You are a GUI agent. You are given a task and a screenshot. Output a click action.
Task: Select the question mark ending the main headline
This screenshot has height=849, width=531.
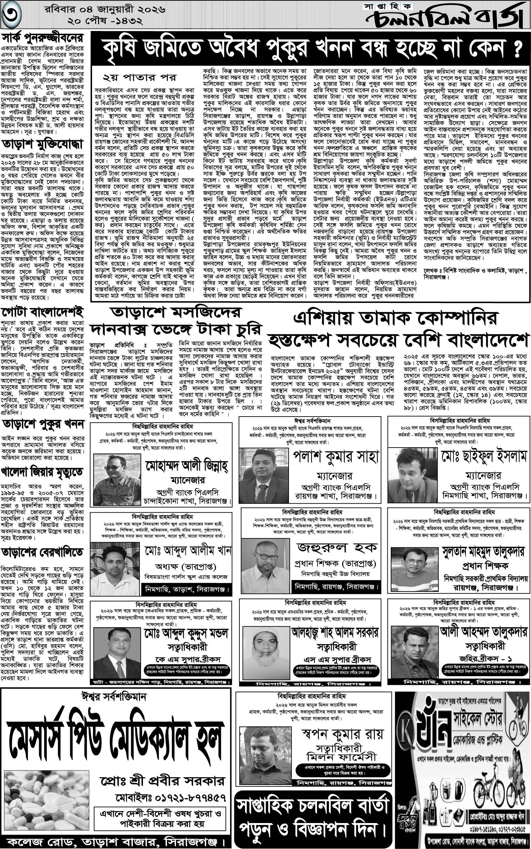tap(515, 50)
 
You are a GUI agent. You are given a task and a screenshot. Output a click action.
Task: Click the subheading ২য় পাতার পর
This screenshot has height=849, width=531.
tap(140, 77)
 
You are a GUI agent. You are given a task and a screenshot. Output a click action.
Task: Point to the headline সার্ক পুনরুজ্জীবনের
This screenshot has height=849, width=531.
tap(43, 37)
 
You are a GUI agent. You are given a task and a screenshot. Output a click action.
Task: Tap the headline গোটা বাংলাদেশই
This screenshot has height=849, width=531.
tap(43, 312)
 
